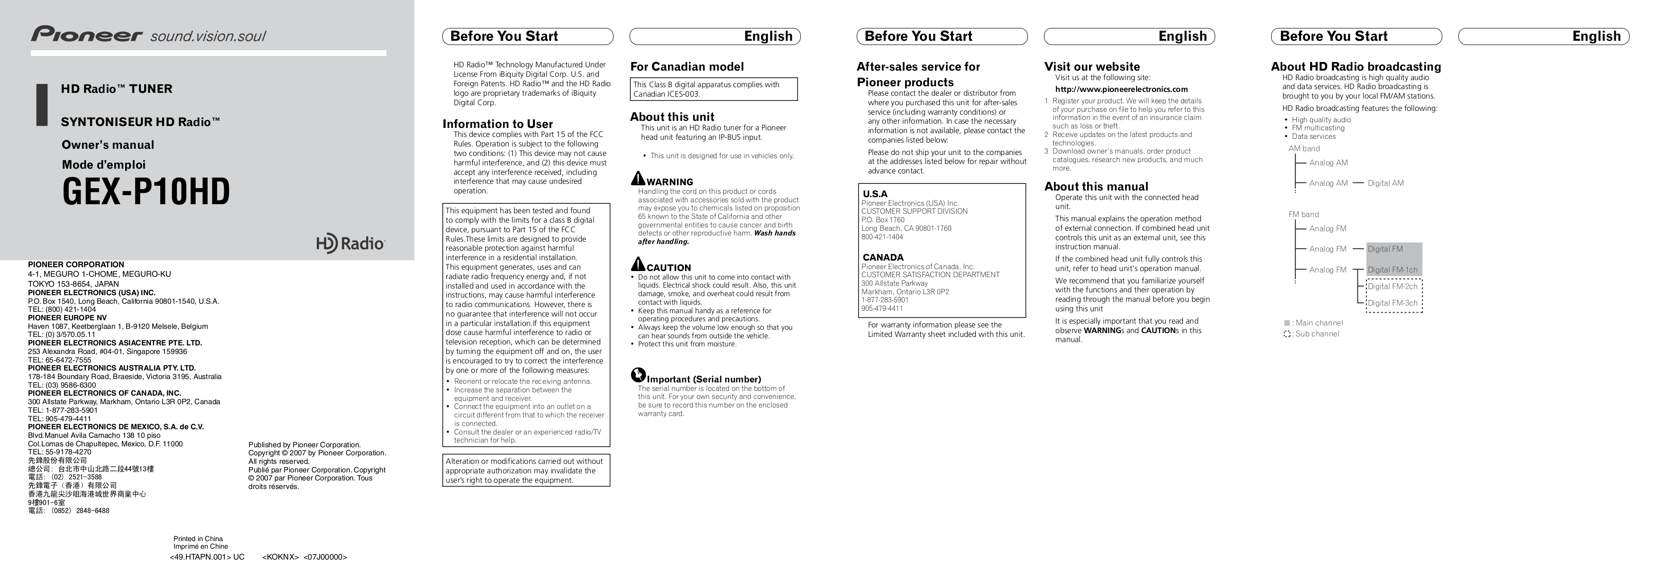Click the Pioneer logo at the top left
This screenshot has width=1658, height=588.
coord(87,34)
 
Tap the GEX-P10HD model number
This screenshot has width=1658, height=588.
coord(146,192)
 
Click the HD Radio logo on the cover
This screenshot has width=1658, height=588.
coord(350,244)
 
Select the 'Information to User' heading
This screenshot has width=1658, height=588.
coord(497,124)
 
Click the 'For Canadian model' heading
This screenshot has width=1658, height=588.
coord(687,67)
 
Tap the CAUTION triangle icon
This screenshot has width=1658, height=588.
coord(638,264)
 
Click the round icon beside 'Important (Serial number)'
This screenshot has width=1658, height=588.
coord(638,376)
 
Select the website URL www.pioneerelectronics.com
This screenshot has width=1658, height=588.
coord(1121,90)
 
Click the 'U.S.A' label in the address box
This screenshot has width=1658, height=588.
coord(875,194)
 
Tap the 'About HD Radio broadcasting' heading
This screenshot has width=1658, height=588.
coord(1356,67)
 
